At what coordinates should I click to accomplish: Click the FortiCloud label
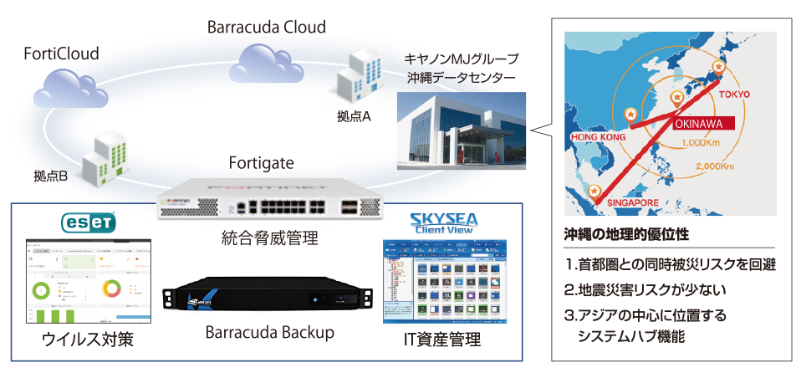click(61, 54)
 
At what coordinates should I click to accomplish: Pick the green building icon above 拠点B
click(105, 157)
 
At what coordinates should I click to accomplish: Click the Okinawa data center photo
click(462, 129)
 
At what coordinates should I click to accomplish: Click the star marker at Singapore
click(594, 190)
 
